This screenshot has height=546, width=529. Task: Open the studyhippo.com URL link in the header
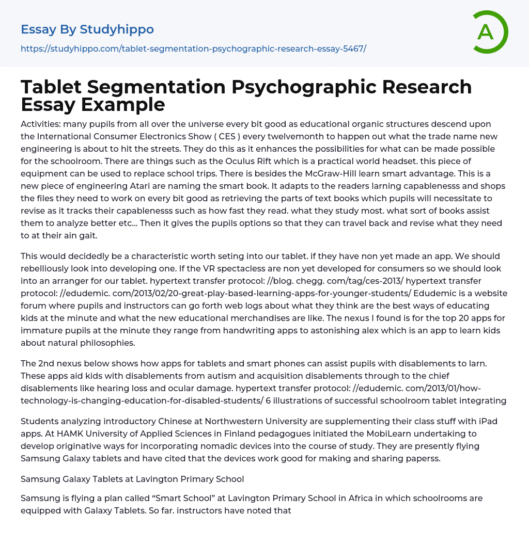pyautogui.click(x=193, y=49)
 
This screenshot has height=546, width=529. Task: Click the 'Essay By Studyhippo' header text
pyautogui.click(x=87, y=29)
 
